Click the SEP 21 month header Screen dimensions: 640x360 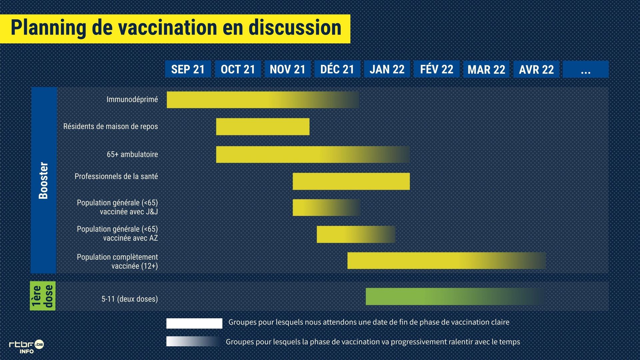point(188,69)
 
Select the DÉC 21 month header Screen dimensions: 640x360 point(337,69)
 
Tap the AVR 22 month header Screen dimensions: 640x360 point(536,69)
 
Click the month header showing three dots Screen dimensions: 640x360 point(586,69)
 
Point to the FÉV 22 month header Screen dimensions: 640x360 point(437,69)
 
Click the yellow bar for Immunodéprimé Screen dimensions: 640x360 point(263,100)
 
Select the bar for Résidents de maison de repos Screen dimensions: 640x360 point(263,127)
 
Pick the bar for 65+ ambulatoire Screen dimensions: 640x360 point(313,154)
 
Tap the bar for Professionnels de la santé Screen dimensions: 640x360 point(351,181)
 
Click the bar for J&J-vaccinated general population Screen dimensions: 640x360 point(326,208)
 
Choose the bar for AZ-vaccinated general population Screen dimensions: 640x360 point(356,234)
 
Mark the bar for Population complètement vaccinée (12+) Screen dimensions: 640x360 point(447,261)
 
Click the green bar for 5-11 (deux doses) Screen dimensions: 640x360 point(456,296)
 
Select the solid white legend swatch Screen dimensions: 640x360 point(194,323)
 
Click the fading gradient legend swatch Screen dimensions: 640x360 point(194,341)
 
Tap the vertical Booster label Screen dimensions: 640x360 point(43,180)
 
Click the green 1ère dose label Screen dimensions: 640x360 point(43,296)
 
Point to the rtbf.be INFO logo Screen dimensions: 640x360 point(26,347)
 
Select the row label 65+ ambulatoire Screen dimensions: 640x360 point(132,154)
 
